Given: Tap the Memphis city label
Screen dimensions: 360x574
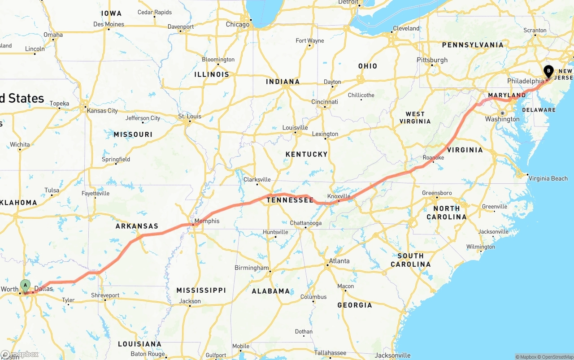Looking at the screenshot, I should pyautogui.click(x=207, y=221).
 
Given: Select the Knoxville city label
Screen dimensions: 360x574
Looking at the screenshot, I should pyautogui.click(x=339, y=196).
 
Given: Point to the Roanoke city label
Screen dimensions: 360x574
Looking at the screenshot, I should pyautogui.click(x=433, y=158).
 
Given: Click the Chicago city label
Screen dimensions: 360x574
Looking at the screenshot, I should pyautogui.click(x=237, y=24).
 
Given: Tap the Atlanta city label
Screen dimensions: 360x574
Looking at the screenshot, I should pyautogui.click(x=339, y=261).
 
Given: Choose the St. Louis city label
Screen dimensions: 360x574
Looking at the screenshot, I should pyautogui.click(x=190, y=117).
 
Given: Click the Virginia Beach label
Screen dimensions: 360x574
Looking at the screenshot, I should pyautogui.click(x=548, y=178).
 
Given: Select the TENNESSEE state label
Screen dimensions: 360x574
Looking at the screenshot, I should pyautogui.click(x=290, y=200).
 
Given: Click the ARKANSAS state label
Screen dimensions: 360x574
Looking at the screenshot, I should pyautogui.click(x=137, y=226).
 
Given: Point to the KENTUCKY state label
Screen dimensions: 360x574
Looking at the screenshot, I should pyautogui.click(x=307, y=154).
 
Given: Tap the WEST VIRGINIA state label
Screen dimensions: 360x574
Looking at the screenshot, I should pyautogui.click(x=415, y=117).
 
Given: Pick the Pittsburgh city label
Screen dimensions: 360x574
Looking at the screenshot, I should pyautogui.click(x=432, y=60).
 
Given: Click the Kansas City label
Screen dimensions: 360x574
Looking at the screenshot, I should pyautogui.click(x=102, y=111).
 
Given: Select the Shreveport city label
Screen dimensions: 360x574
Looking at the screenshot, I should pyautogui.click(x=105, y=295).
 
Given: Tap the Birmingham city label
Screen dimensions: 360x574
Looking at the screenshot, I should pyautogui.click(x=252, y=268).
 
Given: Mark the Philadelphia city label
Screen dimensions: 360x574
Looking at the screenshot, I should pyautogui.click(x=525, y=81).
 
